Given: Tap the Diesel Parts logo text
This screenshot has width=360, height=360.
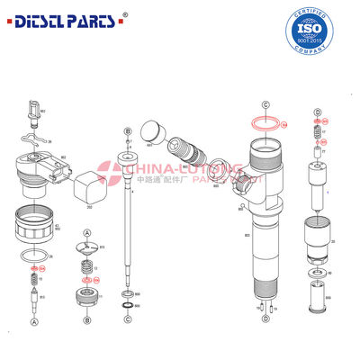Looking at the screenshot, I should (x=65, y=19).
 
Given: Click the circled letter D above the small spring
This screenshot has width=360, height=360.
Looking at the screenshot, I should (x=318, y=111).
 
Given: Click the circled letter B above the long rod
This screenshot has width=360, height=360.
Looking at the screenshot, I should (x=128, y=131).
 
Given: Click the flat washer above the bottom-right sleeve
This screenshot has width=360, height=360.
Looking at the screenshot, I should (x=316, y=271).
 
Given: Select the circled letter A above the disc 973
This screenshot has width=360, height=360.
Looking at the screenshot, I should (x=86, y=233).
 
